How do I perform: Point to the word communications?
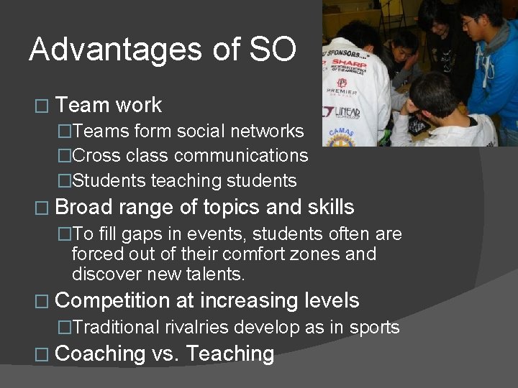click(x=241, y=156)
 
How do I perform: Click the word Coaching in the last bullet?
click(x=100, y=354)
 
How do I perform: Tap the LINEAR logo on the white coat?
click(x=347, y=112)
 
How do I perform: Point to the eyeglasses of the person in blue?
click(x=471, y=22)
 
